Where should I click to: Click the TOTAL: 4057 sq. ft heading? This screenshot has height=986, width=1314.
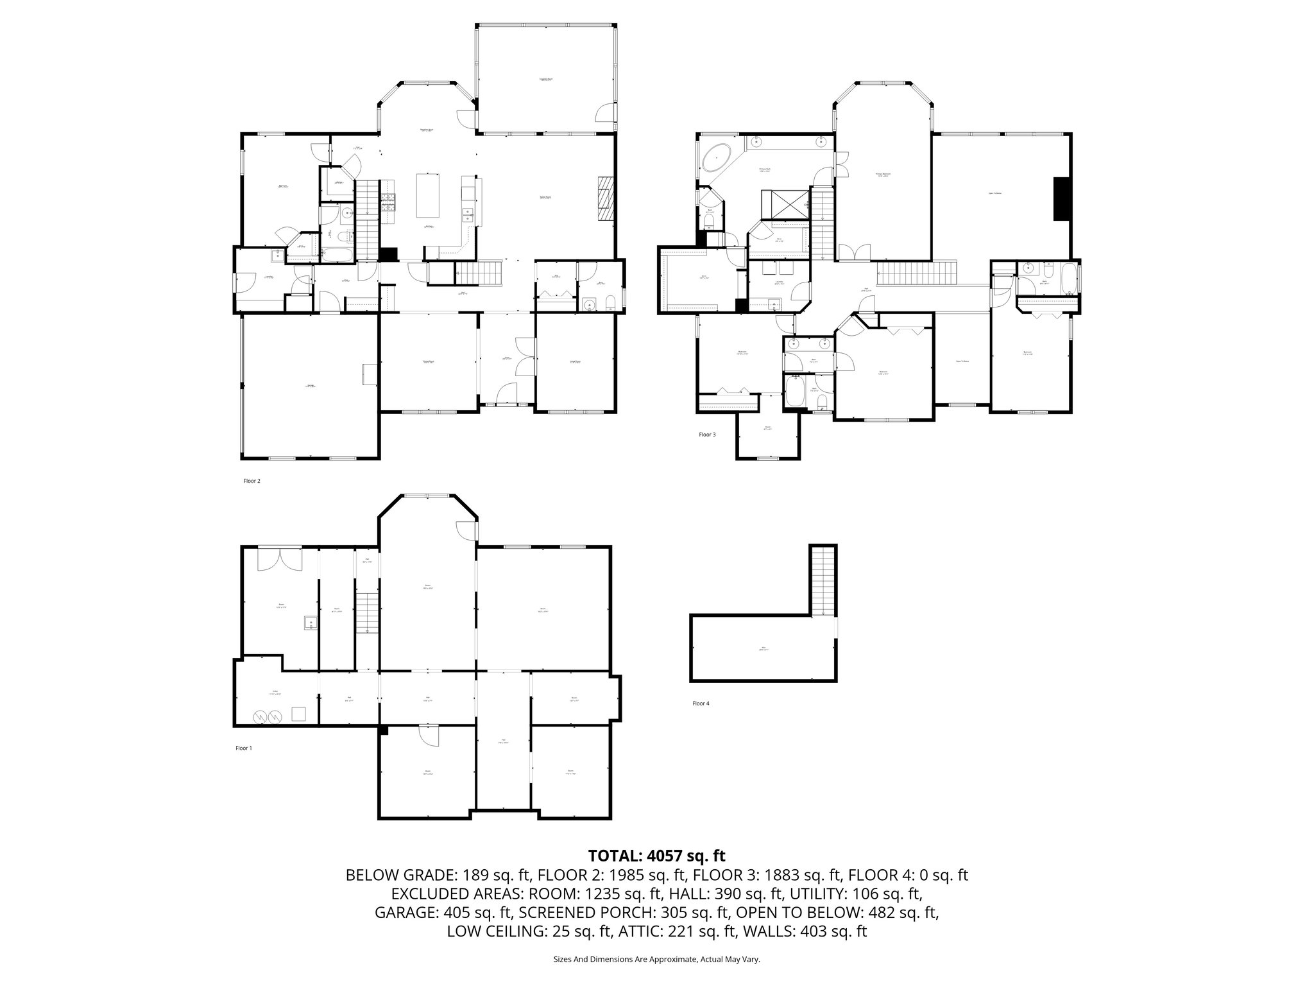point(656,856)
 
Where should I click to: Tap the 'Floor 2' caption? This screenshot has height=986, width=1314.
point(252,481)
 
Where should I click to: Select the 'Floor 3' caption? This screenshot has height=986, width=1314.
point(707,435)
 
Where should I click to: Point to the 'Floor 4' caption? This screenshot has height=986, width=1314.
point(701,704)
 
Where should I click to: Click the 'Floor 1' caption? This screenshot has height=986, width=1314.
point(244,748)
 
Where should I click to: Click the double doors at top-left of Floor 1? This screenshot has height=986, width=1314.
point(280,558)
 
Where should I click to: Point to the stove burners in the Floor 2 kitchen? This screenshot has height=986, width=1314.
point(389,203)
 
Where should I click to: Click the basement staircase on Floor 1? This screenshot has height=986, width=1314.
point(368,614)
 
